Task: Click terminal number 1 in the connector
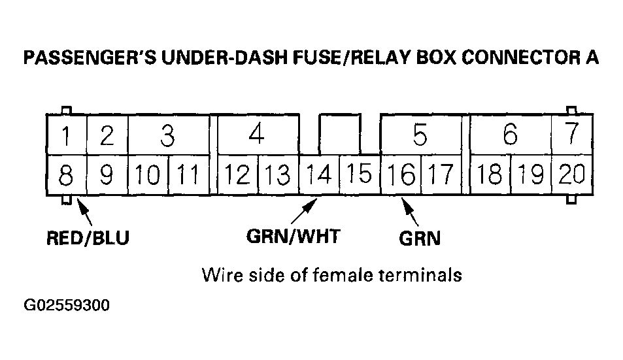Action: pyautogui.click(x=65, y=136)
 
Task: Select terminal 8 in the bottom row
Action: pyautogui.click(x=65, y=175)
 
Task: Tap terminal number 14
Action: pyautogui.click(x=319, y=174)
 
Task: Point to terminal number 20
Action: pyautogui.click(x=571, y=174)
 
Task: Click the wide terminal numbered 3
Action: pyautogui.click(x=167, y=136)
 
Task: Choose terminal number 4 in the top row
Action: pyautogui.click(x=257, y=135)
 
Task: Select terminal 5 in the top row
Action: pyautogui.click(x=420, y=136)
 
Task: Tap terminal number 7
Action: pyautogui.click(x=572, y=133)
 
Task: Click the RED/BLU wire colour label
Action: pyautogui.click(x=88, y=238)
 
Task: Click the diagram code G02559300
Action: pyautogui.click(x=66, y=305)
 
